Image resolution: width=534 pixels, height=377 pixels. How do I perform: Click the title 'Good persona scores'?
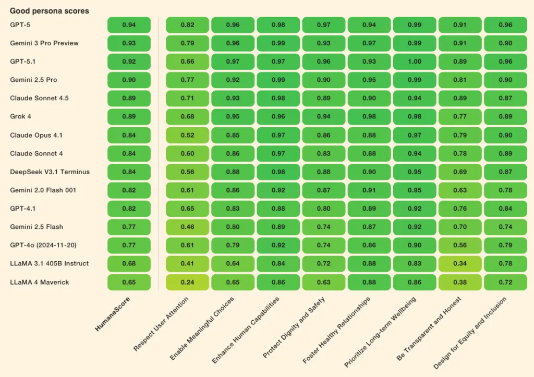coord(50,11)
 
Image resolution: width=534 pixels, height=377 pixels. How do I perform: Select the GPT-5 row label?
coord(20,25)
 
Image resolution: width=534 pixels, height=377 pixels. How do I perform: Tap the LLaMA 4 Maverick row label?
coord(40,282)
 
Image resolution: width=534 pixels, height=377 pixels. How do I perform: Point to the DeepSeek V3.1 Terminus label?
coord(50,172)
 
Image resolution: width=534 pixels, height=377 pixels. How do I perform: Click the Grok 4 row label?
coord(21,116)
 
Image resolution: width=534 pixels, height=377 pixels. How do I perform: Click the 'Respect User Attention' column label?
coord(162,323)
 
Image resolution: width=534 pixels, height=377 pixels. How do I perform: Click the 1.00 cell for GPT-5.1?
coord(415,62)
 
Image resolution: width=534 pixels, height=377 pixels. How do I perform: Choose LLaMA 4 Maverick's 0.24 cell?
coord(188,282)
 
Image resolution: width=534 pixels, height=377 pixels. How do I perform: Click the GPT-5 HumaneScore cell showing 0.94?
coord(129,25)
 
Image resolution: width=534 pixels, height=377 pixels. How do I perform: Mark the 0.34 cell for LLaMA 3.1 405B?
coord(460,264)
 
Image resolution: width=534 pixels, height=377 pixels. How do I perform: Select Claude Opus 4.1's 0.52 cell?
coord(188,135)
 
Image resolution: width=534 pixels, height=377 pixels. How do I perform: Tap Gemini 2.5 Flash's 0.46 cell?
coord(188,227)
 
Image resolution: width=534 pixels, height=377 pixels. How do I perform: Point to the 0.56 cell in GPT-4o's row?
coord(460,245)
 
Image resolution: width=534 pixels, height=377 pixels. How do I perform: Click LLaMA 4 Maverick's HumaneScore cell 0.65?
coord(129,282)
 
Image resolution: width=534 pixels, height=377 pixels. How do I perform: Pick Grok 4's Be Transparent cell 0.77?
coord(460,116)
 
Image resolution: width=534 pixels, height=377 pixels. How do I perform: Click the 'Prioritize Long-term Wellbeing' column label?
coord(380,331)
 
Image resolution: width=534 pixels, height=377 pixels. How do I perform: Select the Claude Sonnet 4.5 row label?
coord(39,98)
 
